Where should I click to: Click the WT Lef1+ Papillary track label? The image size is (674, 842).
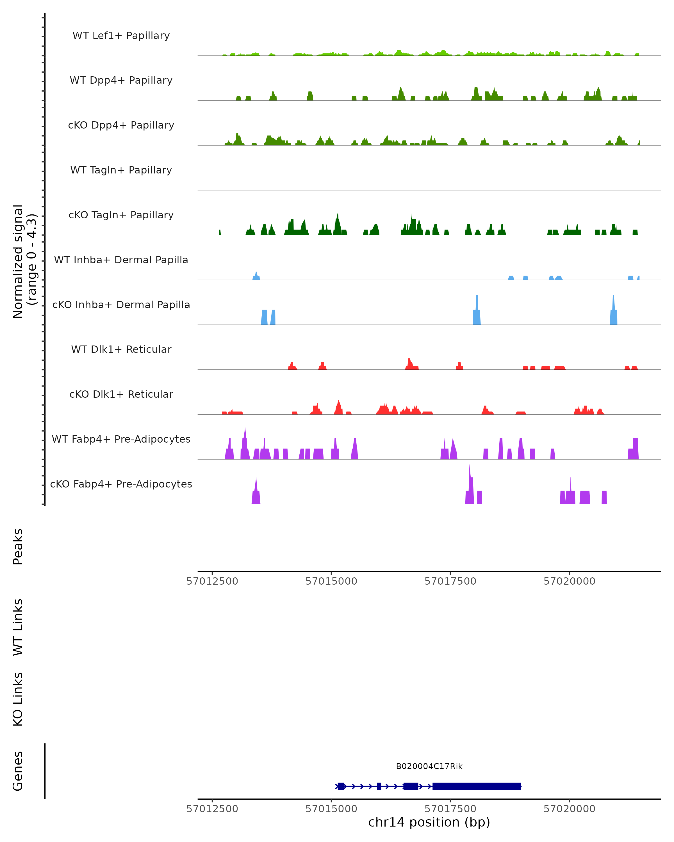tap(121, 36)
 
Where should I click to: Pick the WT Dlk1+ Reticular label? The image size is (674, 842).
tap(121, 349)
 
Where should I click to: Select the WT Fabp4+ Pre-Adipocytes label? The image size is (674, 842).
tap(121, 439)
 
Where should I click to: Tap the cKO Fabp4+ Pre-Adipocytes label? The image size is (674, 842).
tap(121, 484)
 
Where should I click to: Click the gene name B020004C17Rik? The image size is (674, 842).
tap(429, 766)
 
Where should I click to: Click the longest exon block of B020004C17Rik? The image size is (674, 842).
tap(477, 786)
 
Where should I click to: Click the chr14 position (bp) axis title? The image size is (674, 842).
tap(429, 822)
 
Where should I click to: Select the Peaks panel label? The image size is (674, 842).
tap(18, 546)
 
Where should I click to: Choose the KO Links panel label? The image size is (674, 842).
tap(18, 699)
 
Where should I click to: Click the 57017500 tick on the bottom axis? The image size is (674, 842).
tap(450, 809)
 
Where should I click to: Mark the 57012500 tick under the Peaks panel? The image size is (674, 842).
tap(212, 581)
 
